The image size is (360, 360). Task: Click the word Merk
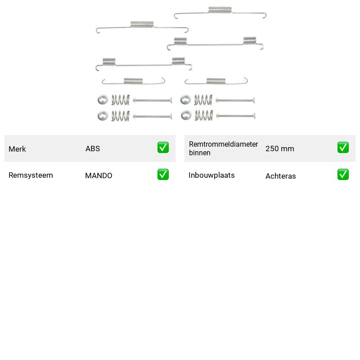point(17,149)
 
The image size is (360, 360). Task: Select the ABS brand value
point(93,148)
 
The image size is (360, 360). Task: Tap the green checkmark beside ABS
point(163,148)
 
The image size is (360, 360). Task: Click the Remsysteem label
point(31,175)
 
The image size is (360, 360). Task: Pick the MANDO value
point(99,175)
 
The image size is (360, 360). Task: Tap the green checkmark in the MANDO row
point(163,175)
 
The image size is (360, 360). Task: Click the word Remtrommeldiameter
point(223,144)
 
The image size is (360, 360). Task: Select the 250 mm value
point(279,148)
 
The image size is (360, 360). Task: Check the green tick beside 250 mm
point(343,148)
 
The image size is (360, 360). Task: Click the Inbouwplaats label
point(211,175)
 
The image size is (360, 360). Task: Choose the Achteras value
point(280,176)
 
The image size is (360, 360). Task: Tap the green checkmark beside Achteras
point(343,175)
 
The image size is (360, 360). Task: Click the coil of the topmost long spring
point(220,10)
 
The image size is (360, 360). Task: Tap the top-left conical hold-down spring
point(121,100)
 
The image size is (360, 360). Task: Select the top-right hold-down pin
point(235,100)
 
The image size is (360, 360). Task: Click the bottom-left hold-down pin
point(153,116)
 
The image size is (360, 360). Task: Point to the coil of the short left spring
point(133,81)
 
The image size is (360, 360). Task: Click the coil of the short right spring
point(216,81)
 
